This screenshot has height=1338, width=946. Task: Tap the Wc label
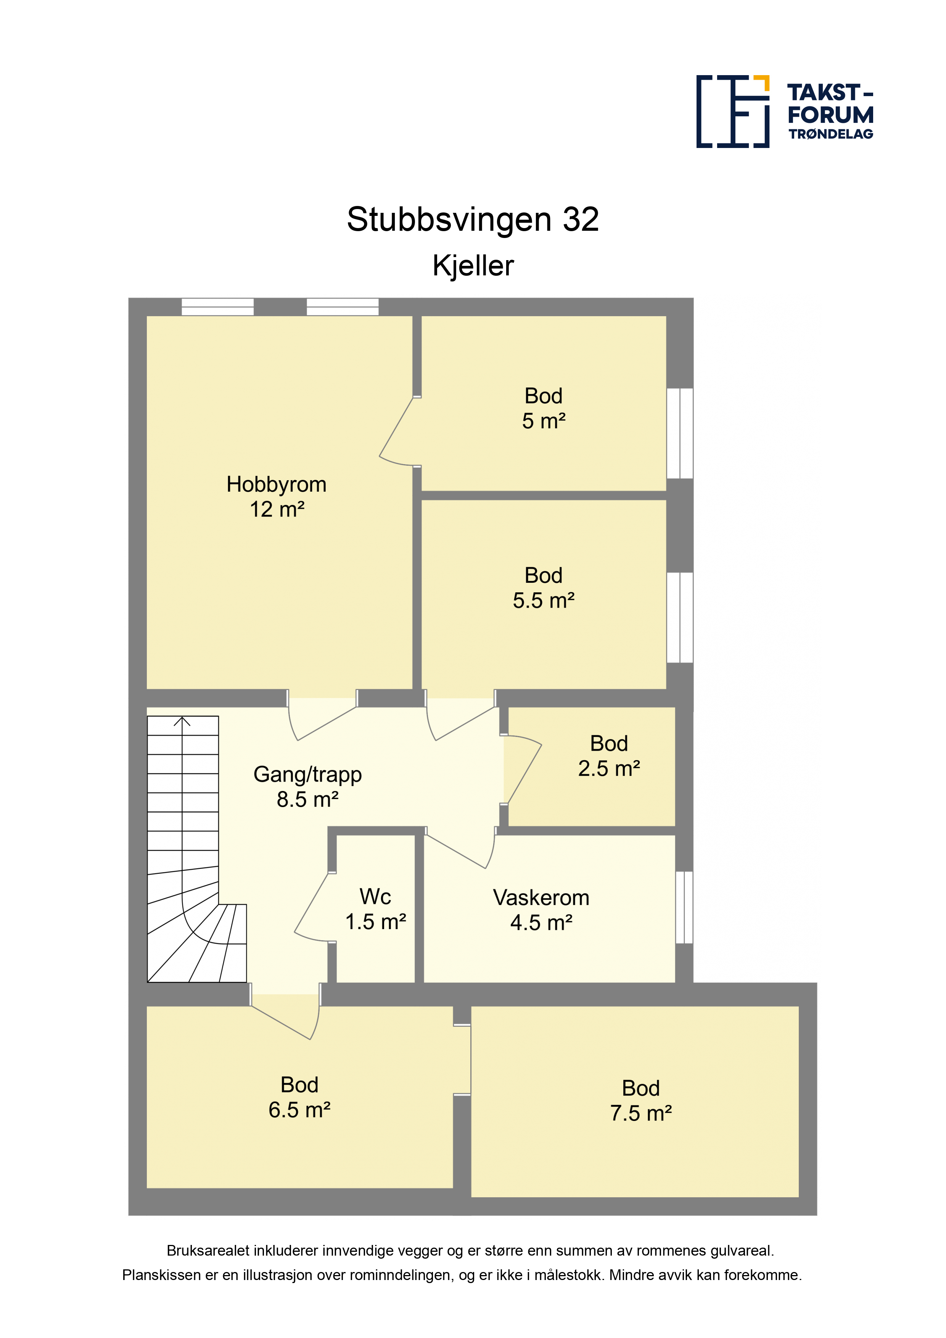375,896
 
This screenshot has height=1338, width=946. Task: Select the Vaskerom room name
541,897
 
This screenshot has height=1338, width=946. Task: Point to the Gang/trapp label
308,775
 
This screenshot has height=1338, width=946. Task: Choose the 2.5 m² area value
609,769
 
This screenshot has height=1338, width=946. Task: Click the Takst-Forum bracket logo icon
733,111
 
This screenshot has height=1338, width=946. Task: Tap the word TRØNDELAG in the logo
830,134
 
